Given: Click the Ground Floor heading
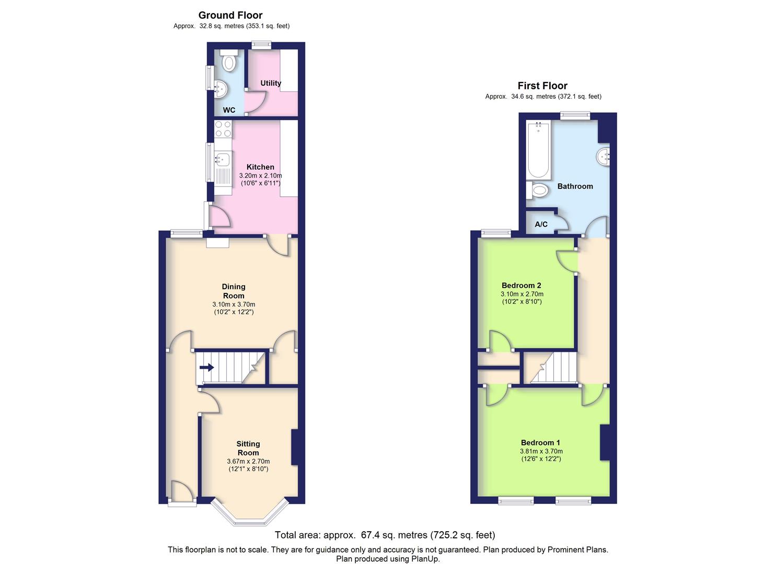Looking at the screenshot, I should (x=230, y=15).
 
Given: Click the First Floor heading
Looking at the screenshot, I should (x=542, y=86).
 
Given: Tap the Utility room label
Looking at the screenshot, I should (x=271, y=83).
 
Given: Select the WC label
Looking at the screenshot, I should (x=229, y=110).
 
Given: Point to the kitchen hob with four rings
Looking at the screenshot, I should (x=223, y=129).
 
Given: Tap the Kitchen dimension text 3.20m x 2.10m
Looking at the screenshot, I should (x=260, y=176).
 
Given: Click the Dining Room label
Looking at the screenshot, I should (x=234, y=291).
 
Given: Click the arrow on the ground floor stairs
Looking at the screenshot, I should (x=207, y=368).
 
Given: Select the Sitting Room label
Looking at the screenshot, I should (x=248, y=448).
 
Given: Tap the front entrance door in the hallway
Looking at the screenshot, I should (x=181, y=494).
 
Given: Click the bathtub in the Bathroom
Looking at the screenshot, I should (x=538, y=150).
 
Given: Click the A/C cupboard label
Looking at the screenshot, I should (x=541, y=224).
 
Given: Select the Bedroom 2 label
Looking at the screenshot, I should (x=522, y=285).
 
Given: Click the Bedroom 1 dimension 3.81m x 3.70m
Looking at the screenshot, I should (x=541, y=451).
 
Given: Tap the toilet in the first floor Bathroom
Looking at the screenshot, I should (x=538, y=191).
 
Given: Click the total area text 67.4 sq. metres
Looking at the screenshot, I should (x=385, y=535).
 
